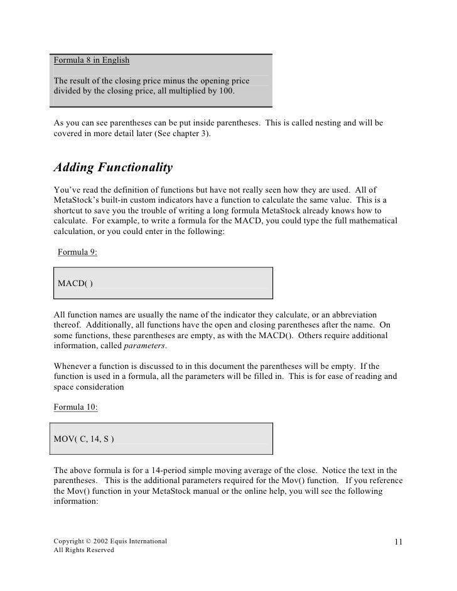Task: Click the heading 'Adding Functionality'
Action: click(x=113, y=168)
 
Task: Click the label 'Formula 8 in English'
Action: click(x=91, y=61)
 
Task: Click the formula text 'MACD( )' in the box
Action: click(x=75, y=284)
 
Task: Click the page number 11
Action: click(x=399, y=541)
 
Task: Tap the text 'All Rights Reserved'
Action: click(x=83, y=550)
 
